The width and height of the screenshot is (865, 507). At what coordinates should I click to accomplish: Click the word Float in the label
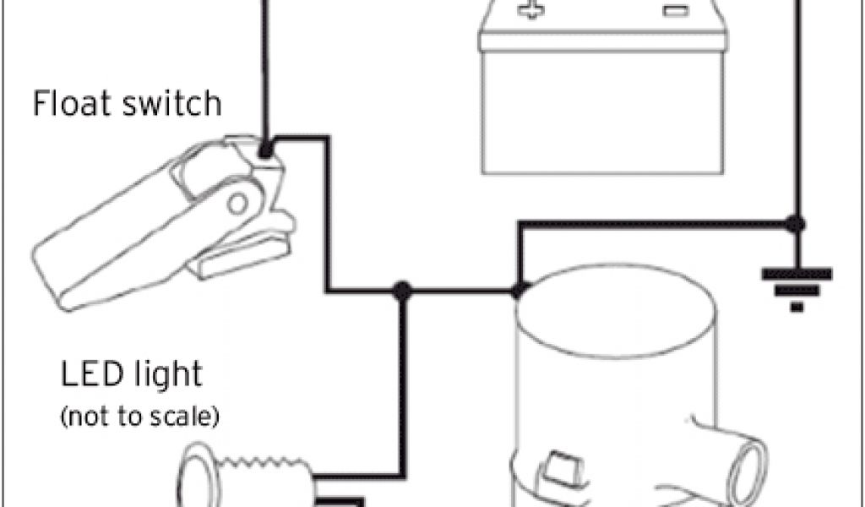point(68,104)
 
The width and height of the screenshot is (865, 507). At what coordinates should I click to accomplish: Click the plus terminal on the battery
point(530,12)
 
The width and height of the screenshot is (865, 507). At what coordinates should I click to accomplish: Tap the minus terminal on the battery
point(672,12)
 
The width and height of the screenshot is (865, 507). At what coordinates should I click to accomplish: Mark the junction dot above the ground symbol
point(795,224)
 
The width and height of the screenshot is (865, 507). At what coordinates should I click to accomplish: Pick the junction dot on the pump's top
point(517,290)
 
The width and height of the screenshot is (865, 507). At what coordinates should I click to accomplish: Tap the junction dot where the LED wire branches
point(403,290)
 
